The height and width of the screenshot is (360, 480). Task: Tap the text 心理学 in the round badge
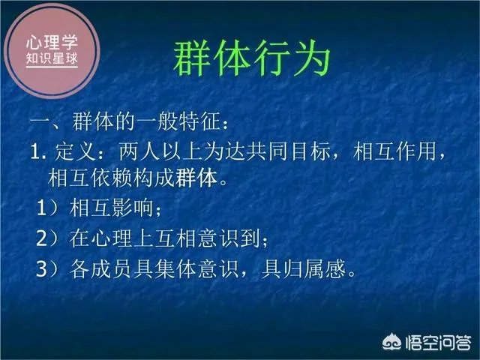50,41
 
